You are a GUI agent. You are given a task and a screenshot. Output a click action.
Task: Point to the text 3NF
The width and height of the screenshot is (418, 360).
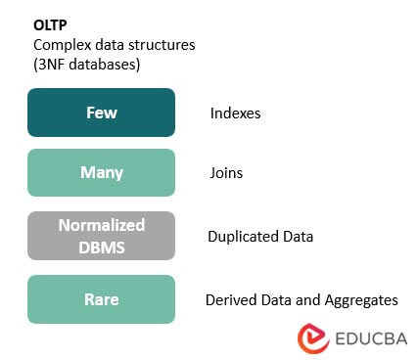point(54,64)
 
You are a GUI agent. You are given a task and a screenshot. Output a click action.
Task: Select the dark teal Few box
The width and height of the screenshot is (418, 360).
point(101,112)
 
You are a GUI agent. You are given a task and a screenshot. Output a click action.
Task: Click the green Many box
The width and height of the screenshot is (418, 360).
point(101,173)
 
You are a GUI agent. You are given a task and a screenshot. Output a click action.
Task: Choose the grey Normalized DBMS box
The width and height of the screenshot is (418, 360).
point(101,235)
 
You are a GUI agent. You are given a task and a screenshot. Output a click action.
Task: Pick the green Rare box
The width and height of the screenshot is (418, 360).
point(101,298)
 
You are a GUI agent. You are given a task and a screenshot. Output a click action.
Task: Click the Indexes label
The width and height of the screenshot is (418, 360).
point(236,113)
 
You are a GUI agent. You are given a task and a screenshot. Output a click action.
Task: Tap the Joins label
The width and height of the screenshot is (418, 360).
point(226,174)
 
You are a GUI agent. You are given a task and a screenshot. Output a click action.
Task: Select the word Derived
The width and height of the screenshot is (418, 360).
point(232,299)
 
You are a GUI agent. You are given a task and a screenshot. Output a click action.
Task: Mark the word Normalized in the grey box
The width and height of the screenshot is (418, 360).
point(101,225)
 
